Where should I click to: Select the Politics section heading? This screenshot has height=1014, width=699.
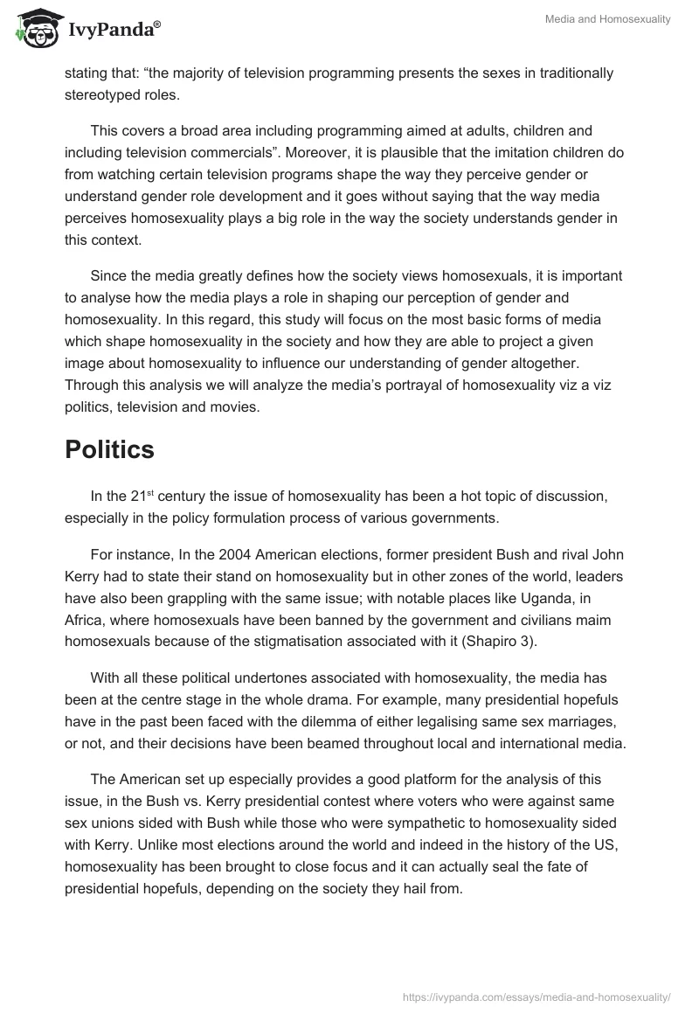(109, 449)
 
